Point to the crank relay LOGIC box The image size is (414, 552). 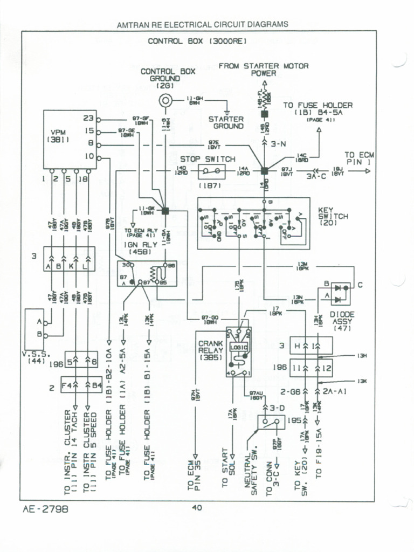click(238, 349)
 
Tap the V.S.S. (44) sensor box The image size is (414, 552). click(34, 329)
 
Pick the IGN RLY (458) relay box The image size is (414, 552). click(147, 273)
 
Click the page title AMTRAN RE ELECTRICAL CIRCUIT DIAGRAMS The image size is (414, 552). click(202, 24)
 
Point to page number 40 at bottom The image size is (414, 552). click(197, 507)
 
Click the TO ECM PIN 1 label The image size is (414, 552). click(359, 158)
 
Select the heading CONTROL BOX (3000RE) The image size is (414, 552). click(197, 41)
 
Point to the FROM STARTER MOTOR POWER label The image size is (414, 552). click(264, 70)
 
